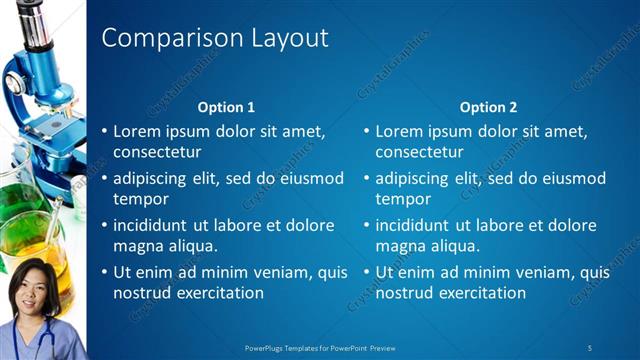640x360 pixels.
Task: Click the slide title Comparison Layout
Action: click(215, 39)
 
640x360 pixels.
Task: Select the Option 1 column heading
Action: click(226, 106)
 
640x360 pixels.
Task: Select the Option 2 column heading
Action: click(488, 106)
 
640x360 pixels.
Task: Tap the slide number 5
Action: click(590, 347)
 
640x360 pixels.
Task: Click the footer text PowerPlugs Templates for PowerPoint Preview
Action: click(320, 347)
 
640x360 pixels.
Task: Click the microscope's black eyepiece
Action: click(30, 14)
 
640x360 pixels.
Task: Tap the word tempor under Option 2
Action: click(403, 199)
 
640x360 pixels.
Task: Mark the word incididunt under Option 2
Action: click(417, 225)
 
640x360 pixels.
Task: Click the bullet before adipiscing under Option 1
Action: click(105, 179)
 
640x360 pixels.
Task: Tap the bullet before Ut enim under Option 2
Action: click(367, 273)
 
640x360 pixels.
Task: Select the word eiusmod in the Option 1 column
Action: click(314, 178)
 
